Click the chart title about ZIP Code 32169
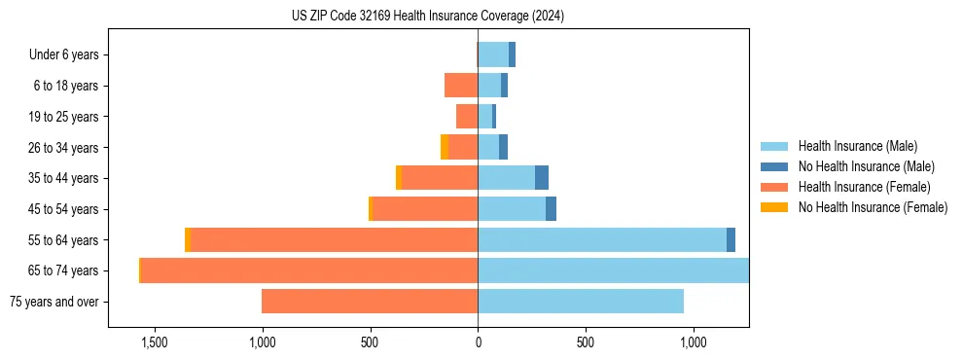(x=428, y=16)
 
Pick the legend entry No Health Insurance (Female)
(x=872, y=207)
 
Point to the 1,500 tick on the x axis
(x=155, y=342)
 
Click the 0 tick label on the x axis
(x=478, y=342)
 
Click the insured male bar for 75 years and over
(x=581, y=302)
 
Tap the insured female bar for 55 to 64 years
(x=334, y=240)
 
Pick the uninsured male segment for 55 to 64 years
(x=731, y=240)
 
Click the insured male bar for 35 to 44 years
(x=506, y=178)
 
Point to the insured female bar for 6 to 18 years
(x=461, y=86)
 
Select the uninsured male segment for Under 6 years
(x=512, y=55)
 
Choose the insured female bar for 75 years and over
(x=370, y=302)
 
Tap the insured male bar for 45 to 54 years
(x=512, y=209)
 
